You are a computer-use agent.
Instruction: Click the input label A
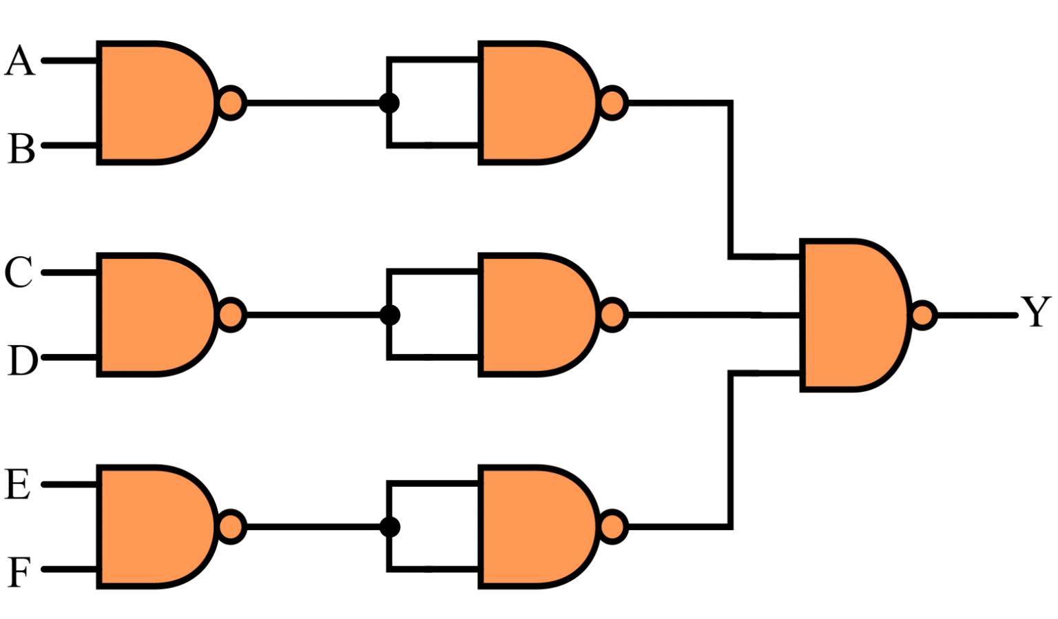coord(19,61)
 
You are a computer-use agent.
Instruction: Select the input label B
coord(21,148)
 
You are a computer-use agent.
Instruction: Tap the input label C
coord(19,272)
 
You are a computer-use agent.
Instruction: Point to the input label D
coord(22,360)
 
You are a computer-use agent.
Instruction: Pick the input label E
coord(18,484)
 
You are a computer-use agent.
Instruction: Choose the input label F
coord(19,571)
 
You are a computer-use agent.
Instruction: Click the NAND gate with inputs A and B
coord(155,103)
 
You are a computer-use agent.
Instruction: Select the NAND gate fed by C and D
coord(155,315)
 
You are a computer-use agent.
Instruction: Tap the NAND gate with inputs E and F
coord(155,527)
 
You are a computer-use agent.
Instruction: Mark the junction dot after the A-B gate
coord(389,103)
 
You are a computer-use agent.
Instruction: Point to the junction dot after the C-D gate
coord(389,315)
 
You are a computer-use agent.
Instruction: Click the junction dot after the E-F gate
coord(389,527)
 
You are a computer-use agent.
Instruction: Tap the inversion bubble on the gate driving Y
coord(923,315)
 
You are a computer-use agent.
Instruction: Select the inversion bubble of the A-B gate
coord(231,103)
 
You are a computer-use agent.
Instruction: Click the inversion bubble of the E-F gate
coord(231,527)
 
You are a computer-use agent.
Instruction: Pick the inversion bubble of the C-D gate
coord(231,315)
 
